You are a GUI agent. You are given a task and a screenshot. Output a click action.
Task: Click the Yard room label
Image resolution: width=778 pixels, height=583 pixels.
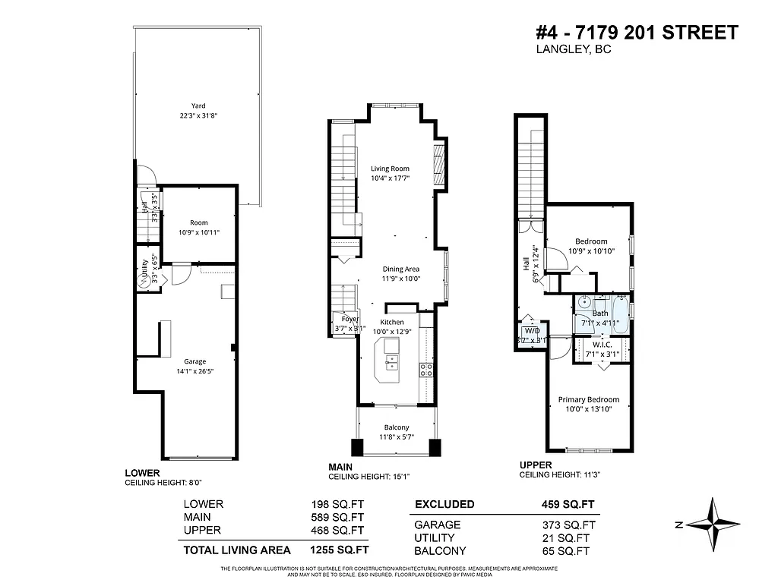click(x=198, y=106)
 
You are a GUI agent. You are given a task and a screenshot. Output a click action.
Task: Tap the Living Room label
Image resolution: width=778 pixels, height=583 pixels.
click(x=390, y=169)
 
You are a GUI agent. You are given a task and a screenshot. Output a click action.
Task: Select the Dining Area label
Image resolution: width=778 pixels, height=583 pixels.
click(x=400, y=269)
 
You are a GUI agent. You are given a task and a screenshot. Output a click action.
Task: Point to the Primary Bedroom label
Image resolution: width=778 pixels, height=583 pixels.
click(x=588, y=399)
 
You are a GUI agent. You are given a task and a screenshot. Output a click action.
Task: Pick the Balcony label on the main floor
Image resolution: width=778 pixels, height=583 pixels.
click(x=397, y=427)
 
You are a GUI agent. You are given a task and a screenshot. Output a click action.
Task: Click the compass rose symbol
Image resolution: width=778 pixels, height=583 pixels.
click(x=715, y=524)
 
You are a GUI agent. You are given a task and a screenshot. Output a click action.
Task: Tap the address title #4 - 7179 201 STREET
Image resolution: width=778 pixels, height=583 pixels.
click(x=637, y=33)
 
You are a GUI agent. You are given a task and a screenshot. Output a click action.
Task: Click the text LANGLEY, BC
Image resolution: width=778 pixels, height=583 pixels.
click(x=574, y=50)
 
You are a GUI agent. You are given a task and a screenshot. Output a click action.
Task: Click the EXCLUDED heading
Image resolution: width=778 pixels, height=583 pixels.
click(x=444, y=504)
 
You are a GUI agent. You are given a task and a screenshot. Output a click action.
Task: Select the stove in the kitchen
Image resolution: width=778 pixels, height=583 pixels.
click(x=426, y=370)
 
